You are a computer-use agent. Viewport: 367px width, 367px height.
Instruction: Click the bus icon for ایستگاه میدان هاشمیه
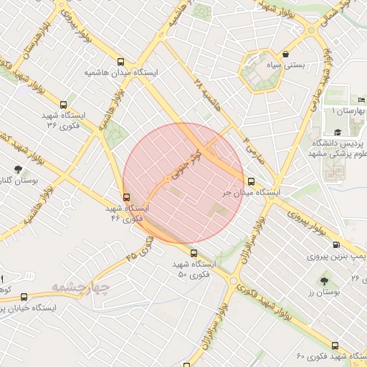(x=121, y=62)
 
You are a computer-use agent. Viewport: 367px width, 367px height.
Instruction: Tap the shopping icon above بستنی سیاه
(x=286, y=54)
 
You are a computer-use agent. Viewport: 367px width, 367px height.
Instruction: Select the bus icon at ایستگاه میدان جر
(x=250, y=182)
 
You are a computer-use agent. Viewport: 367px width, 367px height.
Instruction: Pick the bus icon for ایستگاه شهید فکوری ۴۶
(x=127, y=197)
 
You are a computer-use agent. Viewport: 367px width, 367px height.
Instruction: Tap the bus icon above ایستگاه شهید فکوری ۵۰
(x=193, y=252)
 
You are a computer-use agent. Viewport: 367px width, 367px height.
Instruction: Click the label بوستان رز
(x=322, y=293)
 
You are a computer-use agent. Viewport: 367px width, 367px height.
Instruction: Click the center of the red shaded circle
(x=183, y=183)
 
